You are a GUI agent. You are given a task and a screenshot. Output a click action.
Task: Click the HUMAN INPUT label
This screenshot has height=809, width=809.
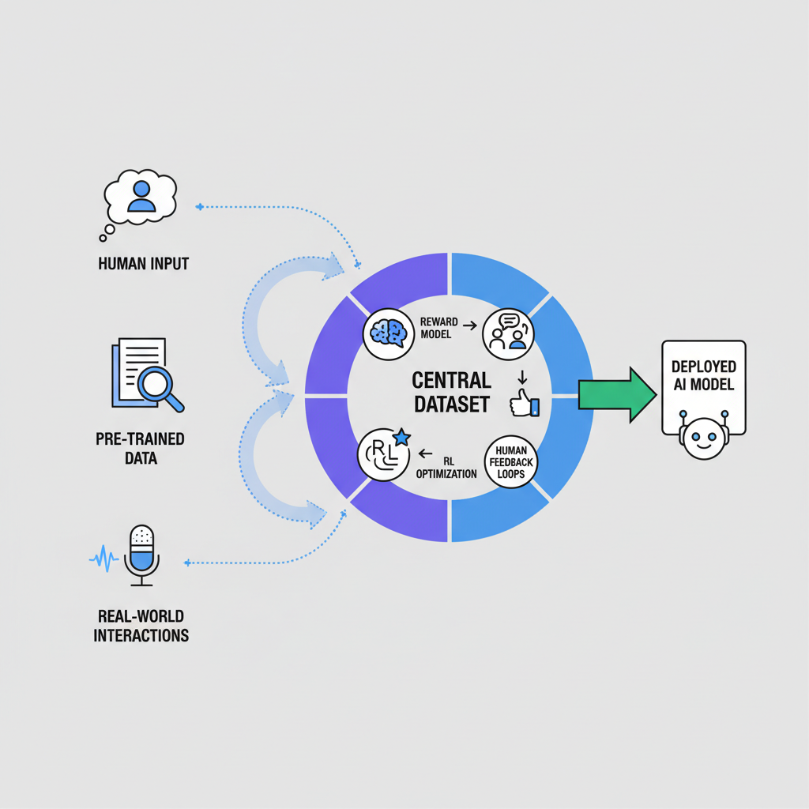(143, 263)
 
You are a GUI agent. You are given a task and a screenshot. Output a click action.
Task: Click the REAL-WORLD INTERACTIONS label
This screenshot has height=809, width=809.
(141, 625)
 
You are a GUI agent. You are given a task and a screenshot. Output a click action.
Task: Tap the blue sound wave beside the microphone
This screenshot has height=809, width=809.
(103, 560)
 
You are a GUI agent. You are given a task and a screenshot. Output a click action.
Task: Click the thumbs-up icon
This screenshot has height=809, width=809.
(523, 404)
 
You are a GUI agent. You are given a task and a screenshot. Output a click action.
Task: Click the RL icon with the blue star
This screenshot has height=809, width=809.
(384, 453)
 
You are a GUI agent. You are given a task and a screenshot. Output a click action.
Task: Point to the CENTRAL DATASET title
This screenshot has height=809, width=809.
(451, 392)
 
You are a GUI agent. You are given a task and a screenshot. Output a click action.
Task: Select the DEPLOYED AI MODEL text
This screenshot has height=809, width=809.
(703, 375)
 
